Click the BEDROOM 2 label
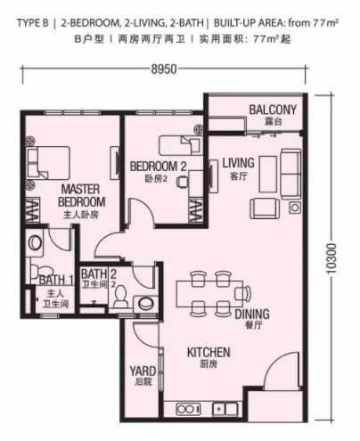(157, 166)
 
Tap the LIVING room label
(238, 162)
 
